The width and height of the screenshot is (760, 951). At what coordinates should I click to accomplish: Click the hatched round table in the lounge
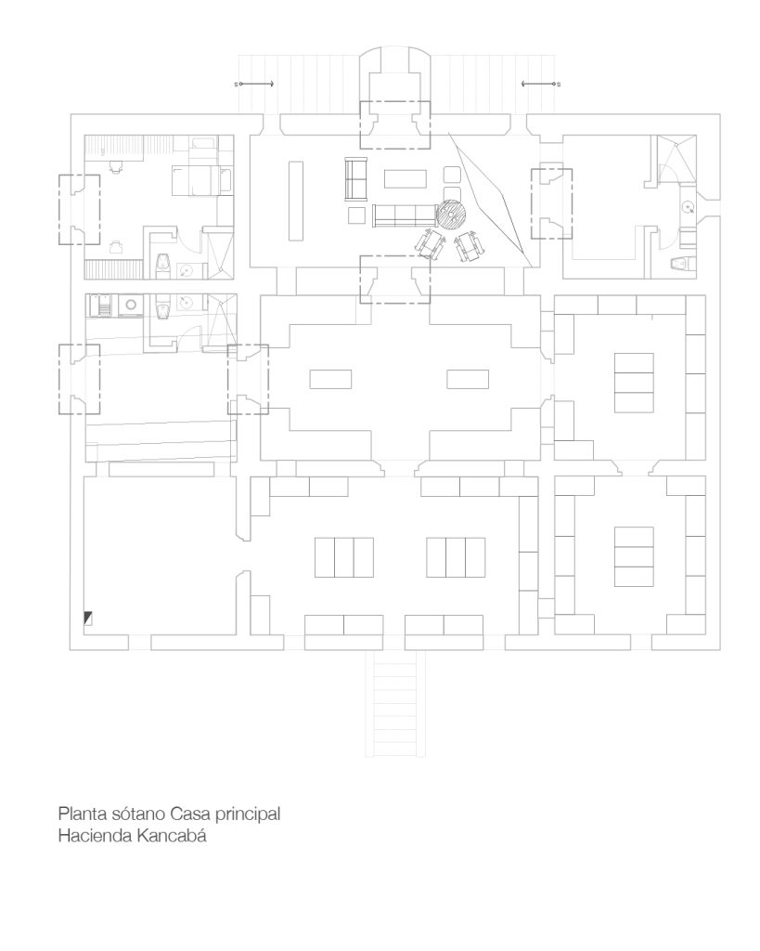[452, 215]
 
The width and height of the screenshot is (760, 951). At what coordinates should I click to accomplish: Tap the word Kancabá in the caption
[172, 835]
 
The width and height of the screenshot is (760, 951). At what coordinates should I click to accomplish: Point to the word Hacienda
[96, 835]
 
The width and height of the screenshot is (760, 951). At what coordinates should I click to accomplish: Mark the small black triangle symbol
[88, 619]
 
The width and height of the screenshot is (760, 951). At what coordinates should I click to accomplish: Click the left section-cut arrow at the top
[254, 84]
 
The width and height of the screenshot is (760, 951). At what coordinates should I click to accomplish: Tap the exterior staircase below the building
[395, 704]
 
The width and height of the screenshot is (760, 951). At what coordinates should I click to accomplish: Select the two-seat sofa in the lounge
[356, 178]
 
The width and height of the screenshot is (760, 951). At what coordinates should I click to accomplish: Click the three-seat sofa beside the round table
[405, 215]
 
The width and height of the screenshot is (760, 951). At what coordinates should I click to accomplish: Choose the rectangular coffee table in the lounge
[406, 179]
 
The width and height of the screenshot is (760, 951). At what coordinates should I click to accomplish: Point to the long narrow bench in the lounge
[296, 201]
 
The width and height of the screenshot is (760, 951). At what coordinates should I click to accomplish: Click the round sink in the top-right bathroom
[688, 207]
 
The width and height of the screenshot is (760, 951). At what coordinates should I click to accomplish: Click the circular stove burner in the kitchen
[130, 304]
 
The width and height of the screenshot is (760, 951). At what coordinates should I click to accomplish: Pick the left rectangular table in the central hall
[330, 379]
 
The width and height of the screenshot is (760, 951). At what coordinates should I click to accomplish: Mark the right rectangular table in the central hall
[468, 379]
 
